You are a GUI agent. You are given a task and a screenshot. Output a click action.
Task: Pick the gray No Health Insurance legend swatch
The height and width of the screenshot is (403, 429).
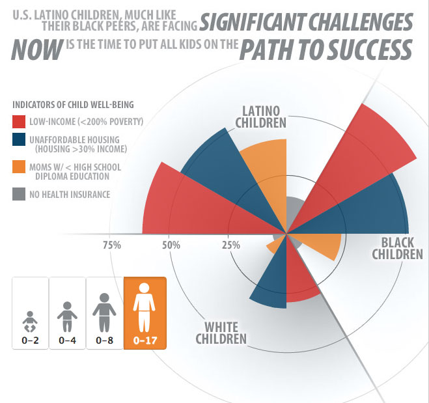point(20,193)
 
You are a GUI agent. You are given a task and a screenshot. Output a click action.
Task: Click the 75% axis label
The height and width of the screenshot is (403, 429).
point(112,245)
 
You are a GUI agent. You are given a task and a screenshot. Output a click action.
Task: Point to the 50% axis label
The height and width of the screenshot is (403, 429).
point(171,245)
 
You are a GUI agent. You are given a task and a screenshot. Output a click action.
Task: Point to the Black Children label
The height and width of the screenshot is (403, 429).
point(397,248)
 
